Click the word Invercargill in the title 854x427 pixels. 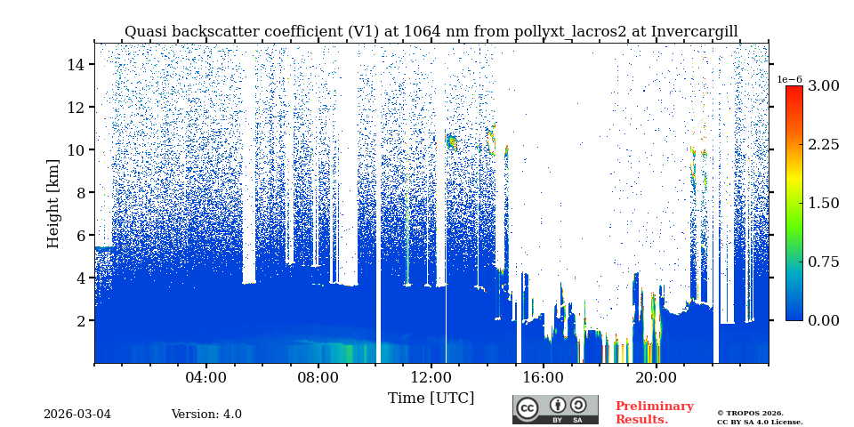click(694, 32)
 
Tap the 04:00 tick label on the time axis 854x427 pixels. click(206, 377)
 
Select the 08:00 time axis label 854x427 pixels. click(318, 377)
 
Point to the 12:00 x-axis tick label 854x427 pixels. click(431, 377)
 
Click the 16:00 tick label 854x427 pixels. click(543, 377)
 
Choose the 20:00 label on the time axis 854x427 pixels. click(656, 377)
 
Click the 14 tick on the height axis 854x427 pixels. click(76, 64)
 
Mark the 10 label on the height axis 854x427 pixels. click(76, 149)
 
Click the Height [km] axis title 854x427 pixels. click(53, 204)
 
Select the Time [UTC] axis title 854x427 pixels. click(431, 398)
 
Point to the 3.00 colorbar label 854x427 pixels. click(824, 85)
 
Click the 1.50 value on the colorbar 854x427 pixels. click(824, 203)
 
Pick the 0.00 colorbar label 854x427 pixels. click(824, 320)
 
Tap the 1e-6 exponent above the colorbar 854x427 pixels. click(790, 79)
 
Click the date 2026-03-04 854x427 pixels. click(77, 415)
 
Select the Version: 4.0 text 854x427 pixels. click(206, 415)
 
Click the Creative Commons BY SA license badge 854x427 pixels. click(555, 409)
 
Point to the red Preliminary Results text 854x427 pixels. click(654, 413)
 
